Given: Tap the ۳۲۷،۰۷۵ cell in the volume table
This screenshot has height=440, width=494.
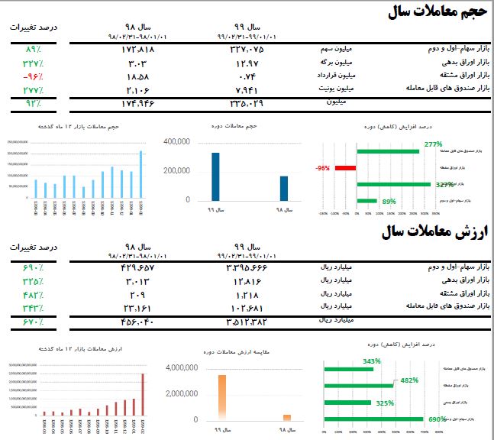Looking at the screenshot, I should [247, 49].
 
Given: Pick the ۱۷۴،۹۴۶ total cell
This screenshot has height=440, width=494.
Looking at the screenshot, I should [138, 102].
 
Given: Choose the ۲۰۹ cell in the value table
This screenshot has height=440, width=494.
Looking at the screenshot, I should [138, 294].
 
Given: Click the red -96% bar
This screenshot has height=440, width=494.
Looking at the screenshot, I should [345, 167].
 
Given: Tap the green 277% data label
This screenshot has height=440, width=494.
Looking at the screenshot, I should [434, 144].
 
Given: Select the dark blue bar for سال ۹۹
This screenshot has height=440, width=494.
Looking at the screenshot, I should [215, 176].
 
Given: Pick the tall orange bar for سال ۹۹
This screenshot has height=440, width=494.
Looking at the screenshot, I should [222, 396].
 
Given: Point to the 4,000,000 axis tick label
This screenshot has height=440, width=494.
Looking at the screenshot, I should [181, 367].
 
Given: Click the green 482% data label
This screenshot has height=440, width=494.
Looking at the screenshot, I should [409, 380].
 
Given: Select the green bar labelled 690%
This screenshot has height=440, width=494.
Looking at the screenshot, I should [374, 419].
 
